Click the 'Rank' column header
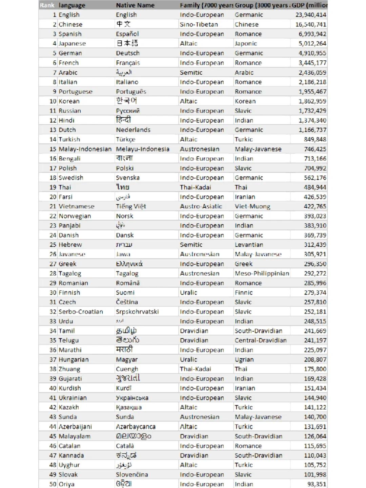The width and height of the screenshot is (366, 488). [47, 5]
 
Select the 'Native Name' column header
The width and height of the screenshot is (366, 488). [135, 5]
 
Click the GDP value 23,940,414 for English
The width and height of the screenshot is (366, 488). [310, 15]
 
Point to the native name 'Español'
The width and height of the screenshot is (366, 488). [127, 34]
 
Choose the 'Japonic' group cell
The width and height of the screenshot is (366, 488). [246, 43]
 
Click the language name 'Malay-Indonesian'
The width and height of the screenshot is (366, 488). [85, 149]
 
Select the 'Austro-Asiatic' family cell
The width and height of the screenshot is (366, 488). [201, 206]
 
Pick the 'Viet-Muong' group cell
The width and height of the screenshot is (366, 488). [252, 206]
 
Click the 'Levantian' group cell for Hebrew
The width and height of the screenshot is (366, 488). [249, 245]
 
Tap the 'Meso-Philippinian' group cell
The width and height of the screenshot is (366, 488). [262, 273]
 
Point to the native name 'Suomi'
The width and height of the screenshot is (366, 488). [125, 293]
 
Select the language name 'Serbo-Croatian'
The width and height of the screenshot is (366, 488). [81, 312]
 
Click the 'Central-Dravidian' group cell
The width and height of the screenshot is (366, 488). [260, 340]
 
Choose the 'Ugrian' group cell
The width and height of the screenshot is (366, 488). [244, 359]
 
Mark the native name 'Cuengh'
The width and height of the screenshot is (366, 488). [127, 369]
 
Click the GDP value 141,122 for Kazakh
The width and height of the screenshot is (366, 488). [315, 407]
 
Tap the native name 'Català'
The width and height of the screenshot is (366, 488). [125, 446]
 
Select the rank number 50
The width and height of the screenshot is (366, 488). [53, 484]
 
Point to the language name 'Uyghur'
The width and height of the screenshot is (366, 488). [69, 465]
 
